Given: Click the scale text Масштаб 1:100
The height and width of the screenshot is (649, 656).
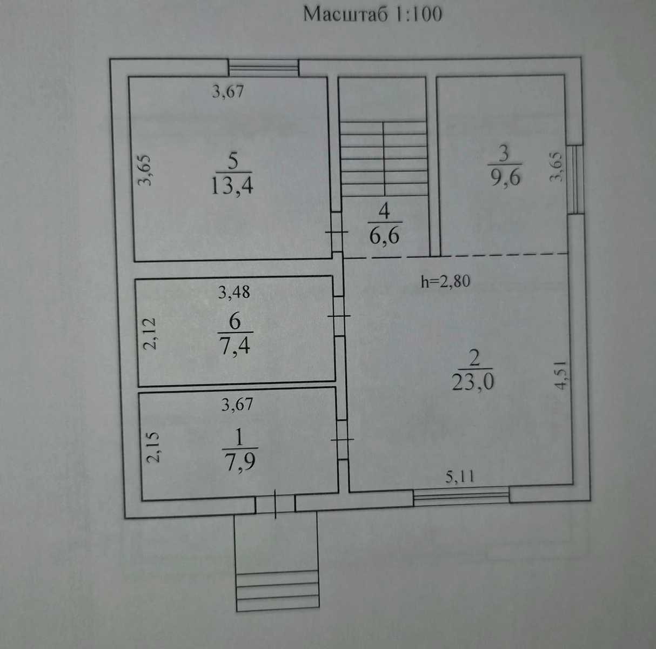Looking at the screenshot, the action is click(x=372, y=14).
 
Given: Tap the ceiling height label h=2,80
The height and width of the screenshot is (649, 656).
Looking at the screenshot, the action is click(x=445, y=281).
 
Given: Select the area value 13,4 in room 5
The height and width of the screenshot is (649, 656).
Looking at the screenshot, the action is click(x=232, y=187).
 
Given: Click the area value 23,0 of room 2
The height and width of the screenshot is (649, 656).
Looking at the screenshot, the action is click(x=473, y=381).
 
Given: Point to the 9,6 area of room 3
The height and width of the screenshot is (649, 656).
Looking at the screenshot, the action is click(x=506, y=177).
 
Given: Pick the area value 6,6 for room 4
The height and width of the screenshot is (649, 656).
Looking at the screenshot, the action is click(x=384, y=235).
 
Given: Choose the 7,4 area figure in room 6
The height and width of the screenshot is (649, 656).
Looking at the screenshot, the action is click(x=235, y=346).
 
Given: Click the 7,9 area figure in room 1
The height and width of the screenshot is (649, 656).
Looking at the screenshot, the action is click(x=240, y=462).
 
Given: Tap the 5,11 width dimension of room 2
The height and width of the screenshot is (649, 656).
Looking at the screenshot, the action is click(x=459, y=477).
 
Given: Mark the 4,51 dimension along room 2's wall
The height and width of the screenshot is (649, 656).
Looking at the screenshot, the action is click(x=561, y=375).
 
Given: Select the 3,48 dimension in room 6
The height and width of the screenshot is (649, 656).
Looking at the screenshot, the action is click(x=234, y=292).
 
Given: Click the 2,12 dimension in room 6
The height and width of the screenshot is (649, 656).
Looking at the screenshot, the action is click(x=149, y=334).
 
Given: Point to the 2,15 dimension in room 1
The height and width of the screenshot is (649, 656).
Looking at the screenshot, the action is click(x=152, y=447).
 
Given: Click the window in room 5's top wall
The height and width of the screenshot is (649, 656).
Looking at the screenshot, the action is click(x=263, y=68).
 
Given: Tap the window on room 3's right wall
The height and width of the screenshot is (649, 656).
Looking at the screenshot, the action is click(x=577, y=180).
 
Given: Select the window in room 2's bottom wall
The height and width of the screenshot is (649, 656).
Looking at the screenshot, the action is click(x=461, y=496).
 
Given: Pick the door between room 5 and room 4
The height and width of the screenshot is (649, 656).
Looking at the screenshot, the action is click(x=337, y=232).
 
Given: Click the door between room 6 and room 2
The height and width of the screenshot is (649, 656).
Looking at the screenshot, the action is click(x=339, y=316).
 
